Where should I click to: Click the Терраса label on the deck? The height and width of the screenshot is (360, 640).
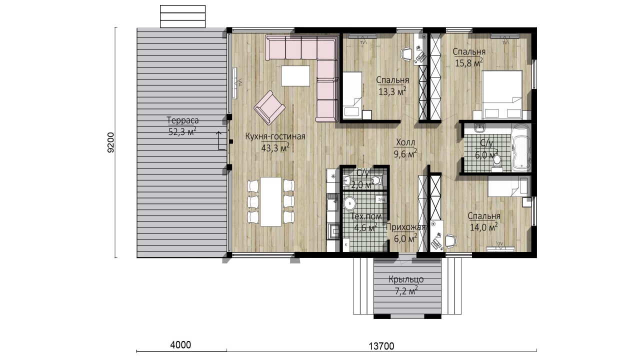(182, 120)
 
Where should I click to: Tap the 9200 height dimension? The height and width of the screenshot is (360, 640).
(110, 142)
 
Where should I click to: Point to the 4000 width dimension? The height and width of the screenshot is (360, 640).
(180, 345)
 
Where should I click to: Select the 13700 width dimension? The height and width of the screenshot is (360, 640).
(381, 346)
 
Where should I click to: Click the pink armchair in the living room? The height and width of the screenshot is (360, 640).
(269, 107)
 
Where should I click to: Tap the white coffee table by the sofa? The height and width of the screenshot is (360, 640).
(295, 75)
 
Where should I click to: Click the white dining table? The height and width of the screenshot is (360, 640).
(271, 201)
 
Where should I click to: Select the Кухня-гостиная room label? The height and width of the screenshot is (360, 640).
(275, 136)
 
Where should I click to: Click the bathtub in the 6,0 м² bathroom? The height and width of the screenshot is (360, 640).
(521, 149)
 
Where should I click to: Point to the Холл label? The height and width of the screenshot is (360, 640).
(405, 142)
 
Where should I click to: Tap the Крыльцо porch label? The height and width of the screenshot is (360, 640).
(406, 279)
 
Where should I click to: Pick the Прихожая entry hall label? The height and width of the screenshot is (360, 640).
(405, 227)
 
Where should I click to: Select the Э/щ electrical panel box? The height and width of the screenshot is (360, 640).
(381, 199)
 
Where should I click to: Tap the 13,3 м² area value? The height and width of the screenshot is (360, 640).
(392, 91)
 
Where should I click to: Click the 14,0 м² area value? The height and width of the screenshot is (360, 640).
(484, 227)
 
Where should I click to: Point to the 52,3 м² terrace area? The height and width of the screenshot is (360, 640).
(182, 131)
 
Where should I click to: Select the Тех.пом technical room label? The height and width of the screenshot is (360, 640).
(366, 216)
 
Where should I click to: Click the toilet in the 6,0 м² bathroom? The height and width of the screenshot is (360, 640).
(497, 162)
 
